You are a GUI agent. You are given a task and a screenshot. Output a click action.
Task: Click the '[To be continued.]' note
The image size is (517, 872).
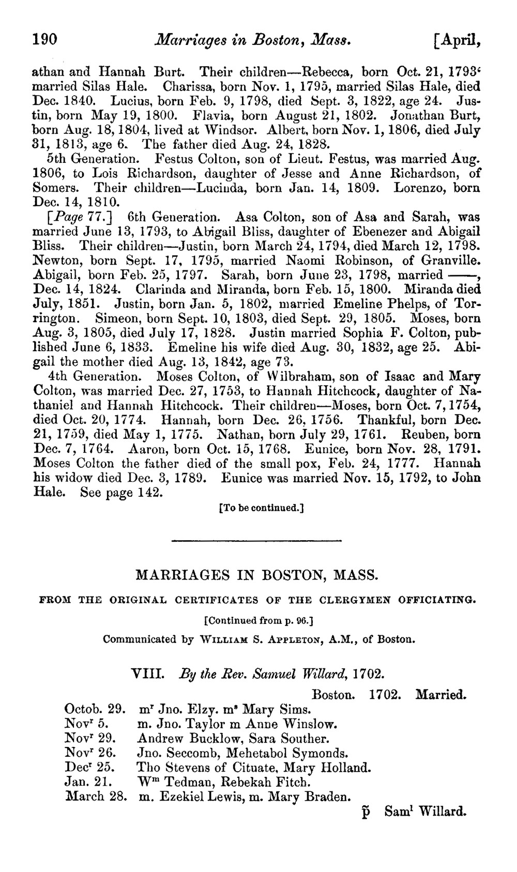point(261,508)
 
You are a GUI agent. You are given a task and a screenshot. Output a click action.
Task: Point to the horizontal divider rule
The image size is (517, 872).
point(256,541)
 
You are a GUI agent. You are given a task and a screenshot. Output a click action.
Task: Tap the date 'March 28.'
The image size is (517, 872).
point(97,797)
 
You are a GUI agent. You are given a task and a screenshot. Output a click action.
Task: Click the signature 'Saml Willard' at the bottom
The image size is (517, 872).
point(425,811)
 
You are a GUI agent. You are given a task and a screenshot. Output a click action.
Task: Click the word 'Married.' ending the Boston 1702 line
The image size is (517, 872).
point(440,694)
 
